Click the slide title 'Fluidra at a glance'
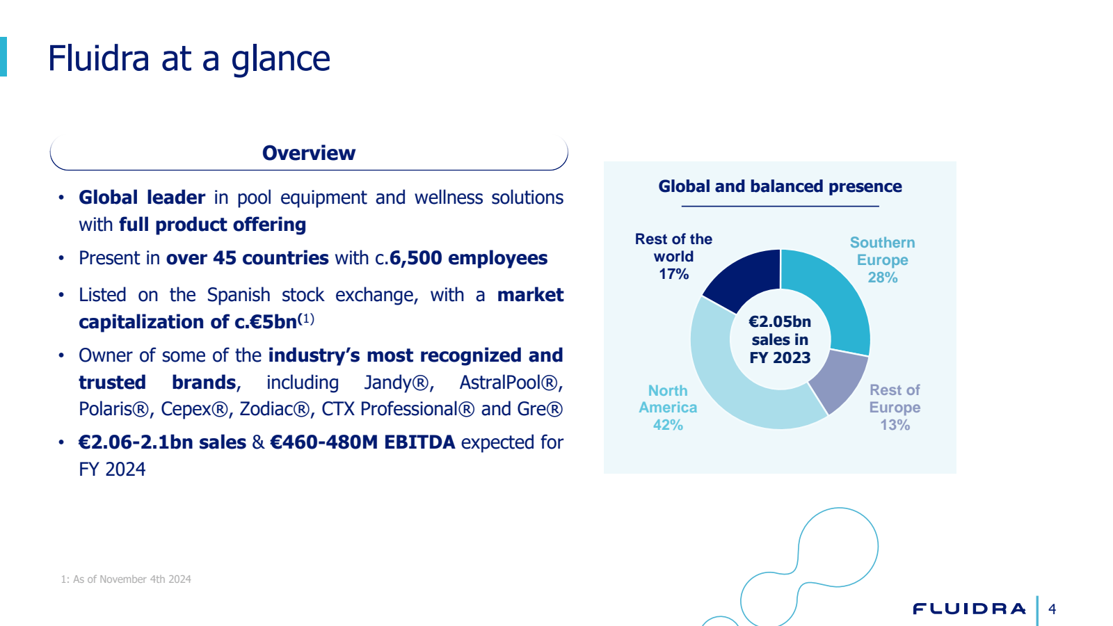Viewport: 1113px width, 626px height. pyautogui.click(x=189, y=58)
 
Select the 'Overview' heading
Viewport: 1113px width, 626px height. pyautogui.click(x=309, y=153)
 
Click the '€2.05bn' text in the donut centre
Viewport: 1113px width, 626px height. pyautogui.click(x=780, y=322)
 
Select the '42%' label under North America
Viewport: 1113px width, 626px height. pyautogui.click(x=668, y=425)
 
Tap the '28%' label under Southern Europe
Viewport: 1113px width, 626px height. pyautogui.click(x=882, y=278)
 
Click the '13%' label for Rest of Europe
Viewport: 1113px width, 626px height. pyautogui.click(x=895, y=425)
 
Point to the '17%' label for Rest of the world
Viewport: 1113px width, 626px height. pyautogui.click(x=673, y=274)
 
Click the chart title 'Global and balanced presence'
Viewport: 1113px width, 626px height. pyautogui.click(x=780, y=186)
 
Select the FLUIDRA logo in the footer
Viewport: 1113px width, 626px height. pyautogui.click(x=969, y=609)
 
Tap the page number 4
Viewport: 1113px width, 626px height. pyautogui.click(x=1052, y=609)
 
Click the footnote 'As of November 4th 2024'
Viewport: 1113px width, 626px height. pyautogui.click(x=131, y=579)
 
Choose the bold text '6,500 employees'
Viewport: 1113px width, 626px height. pyautogui.click(x=468, y=258)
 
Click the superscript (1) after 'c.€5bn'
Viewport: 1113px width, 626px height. pyautogui.click(x=306, y=319)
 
